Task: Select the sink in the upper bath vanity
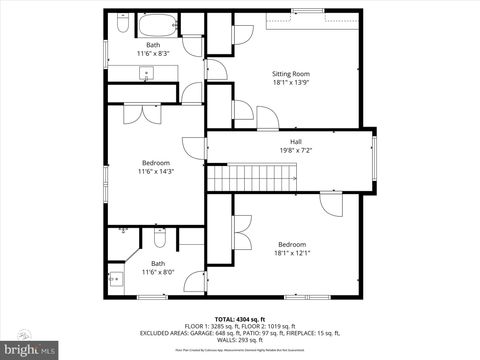tap(147, 71)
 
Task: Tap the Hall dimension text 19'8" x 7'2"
tap(296, 151)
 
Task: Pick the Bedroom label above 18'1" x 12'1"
tap(292, 244)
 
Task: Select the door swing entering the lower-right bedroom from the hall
tap(331, 202)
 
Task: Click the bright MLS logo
tap(30, 350)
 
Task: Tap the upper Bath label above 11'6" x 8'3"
tap(152, 45)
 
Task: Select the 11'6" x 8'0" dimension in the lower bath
tap(157, 271)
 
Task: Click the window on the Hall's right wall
tap(374, 160)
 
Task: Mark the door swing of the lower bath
tap(194, 282)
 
